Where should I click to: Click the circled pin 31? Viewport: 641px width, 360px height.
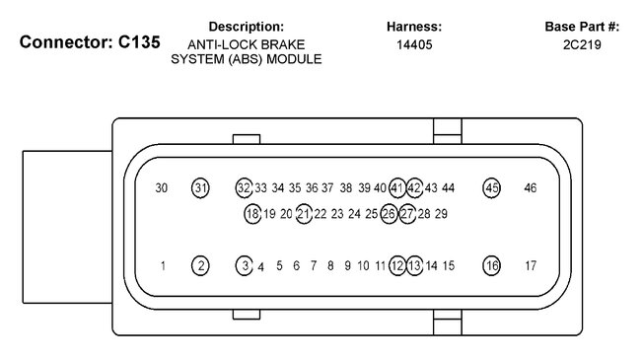point(200,188)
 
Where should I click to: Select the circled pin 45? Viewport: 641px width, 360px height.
point(491,188)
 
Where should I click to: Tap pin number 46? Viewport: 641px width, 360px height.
point(531,188)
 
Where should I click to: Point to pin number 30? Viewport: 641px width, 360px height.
point(162,188)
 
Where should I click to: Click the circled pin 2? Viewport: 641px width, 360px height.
point(200,266)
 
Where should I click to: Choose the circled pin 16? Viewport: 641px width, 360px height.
point(491,266)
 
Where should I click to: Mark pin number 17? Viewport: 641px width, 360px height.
point(531,266)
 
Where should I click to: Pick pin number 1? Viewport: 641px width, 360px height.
point(163,266)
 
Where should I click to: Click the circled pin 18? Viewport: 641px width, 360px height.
point(252,214)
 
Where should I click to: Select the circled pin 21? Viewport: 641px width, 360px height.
point(304,214)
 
